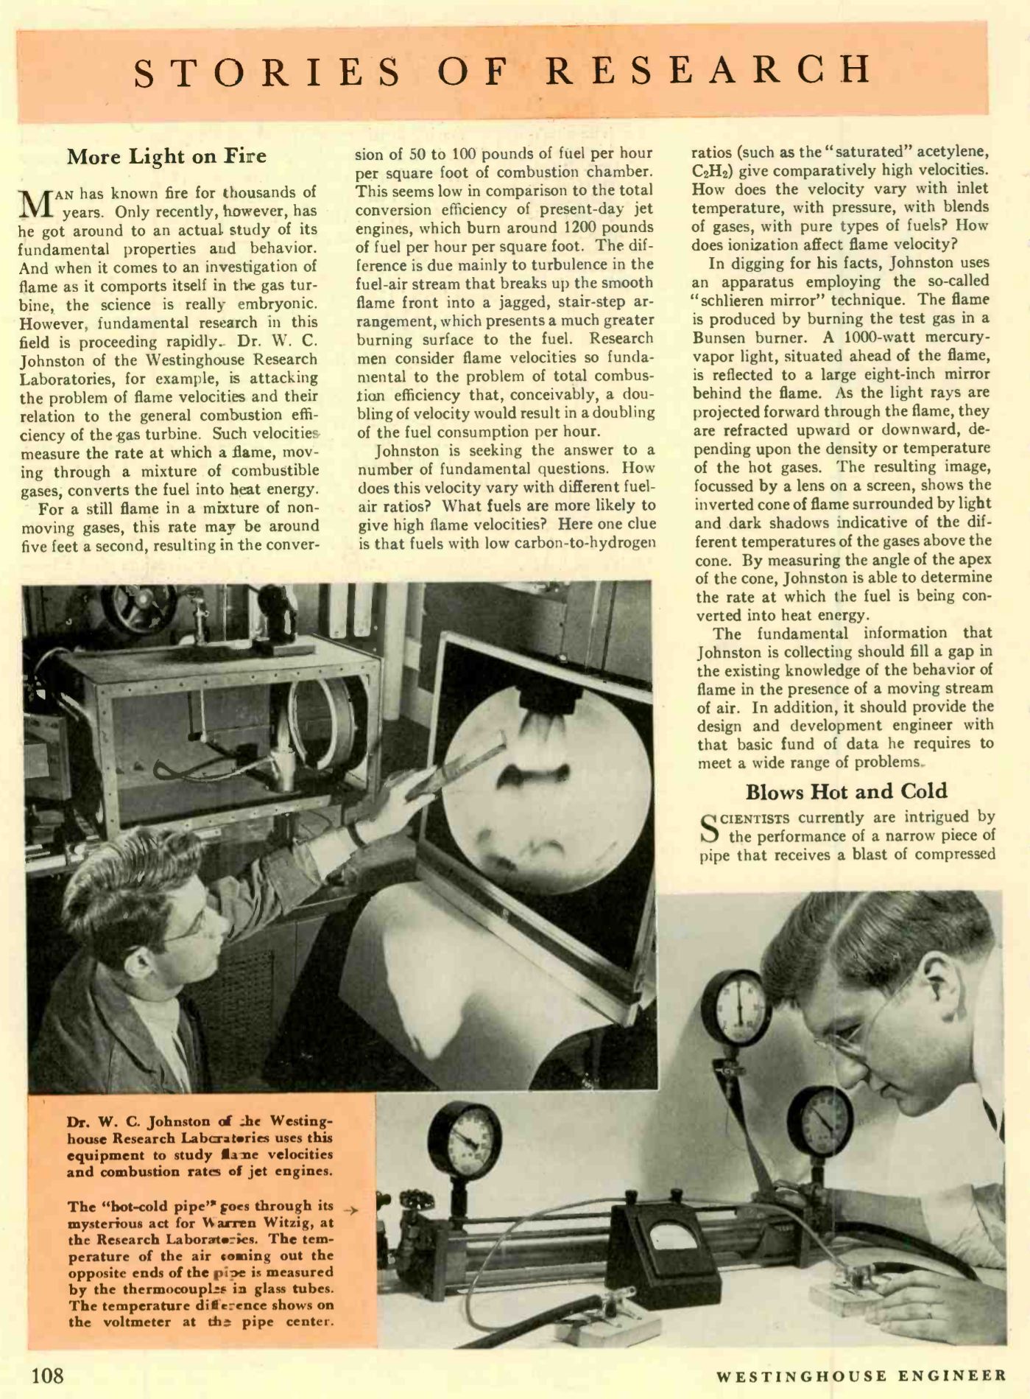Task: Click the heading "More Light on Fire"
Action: [x=166, y=157]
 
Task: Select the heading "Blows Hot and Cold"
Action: [x=846, y=792]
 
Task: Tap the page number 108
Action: [x=47, y=1375]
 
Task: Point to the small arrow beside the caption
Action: [x=353, y=1210]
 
